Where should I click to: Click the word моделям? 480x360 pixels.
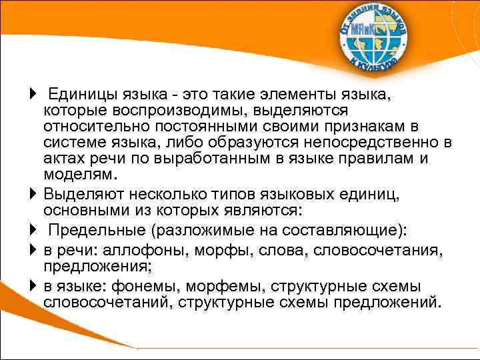click(80, 175)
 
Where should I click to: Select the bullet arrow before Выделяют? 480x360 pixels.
click(34, 195)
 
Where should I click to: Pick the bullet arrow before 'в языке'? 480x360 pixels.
click(34, 286)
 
